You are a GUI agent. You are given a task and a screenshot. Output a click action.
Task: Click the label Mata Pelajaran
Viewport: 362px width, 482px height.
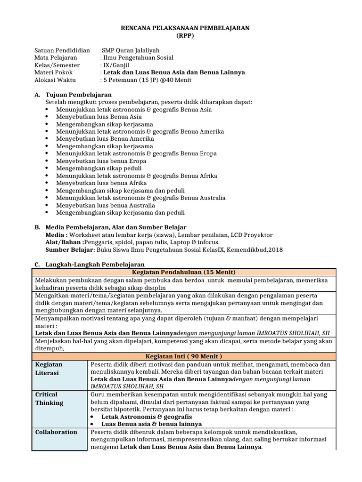click(x=56, y=58)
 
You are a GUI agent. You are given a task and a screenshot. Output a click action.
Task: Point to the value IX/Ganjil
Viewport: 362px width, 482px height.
click(x=116, y=65)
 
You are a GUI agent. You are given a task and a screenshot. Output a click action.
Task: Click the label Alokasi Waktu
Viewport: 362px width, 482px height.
click(x=55, y=80)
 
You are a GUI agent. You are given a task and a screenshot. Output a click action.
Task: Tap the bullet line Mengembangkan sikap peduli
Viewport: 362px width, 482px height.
click(x=99, y=168)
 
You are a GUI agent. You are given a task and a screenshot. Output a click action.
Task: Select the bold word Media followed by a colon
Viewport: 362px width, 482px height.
click(x=56, y=235)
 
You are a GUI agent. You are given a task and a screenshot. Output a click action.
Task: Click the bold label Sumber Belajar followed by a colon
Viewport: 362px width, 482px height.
click(x=71, y=249)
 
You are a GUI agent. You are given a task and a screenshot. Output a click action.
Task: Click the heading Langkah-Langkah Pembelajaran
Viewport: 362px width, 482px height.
click(x=94, y=265)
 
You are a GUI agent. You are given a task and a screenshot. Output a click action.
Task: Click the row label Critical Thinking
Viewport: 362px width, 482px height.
click(x=49, y=398)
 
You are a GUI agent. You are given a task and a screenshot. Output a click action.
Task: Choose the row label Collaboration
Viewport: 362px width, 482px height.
click(x=56, y=432)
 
